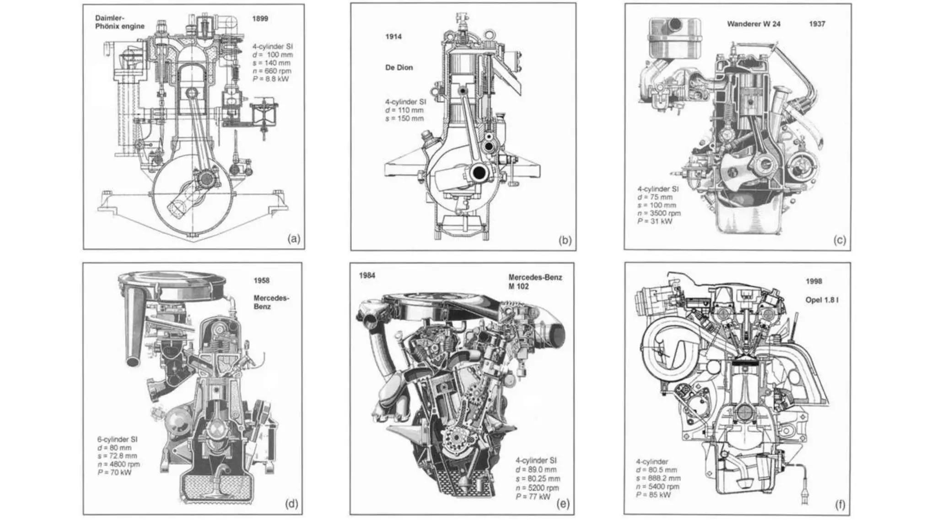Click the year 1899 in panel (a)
click(260, 19)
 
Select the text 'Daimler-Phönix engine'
click(119, 22)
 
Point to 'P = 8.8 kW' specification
click(271, 79)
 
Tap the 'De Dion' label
click(398, 68)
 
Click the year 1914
click(393, 37)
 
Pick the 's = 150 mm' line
click(404, 118)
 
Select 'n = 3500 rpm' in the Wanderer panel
click(659, 213)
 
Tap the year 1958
click(262, 280)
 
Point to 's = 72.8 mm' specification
click(117, 456)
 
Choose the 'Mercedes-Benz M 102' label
click(535, 282)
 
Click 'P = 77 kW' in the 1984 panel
click(533, 496)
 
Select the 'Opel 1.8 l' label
click(822, 301)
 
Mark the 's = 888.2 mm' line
click(658, 478)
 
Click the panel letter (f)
click(840, 505)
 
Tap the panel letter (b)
click(565, 240)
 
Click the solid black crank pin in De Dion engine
click(479, 173)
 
